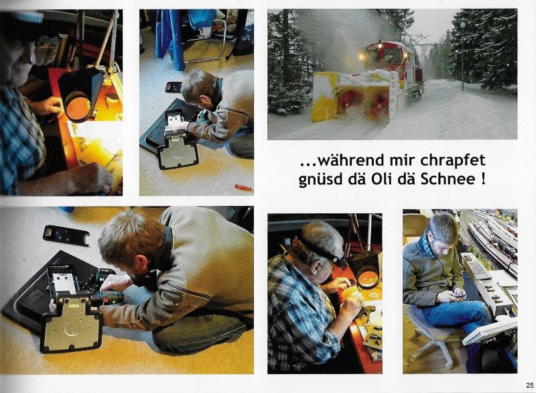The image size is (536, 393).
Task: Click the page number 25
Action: [x=529, y=385]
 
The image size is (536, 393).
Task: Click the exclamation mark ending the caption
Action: [x=482, y=179]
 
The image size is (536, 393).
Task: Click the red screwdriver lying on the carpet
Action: [x=244, y=187]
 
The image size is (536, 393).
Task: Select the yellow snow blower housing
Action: [x=356, y=96]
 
